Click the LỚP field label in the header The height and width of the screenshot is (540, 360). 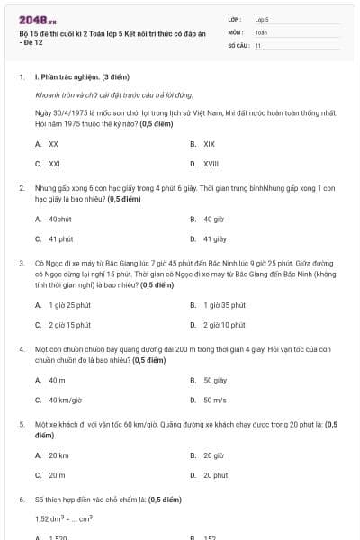point(235,18)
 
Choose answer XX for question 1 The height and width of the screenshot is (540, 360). point(54,143)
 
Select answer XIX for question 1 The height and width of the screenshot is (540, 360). point(209,143)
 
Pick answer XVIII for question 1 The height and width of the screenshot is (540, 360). point(211,164)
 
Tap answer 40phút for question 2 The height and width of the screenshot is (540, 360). point(60,219)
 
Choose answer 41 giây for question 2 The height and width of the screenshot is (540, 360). point(214,239)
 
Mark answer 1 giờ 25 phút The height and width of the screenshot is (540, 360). point(69,304)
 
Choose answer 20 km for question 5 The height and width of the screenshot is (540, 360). point(58,454)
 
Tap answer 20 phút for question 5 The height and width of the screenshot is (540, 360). point(215,475)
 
